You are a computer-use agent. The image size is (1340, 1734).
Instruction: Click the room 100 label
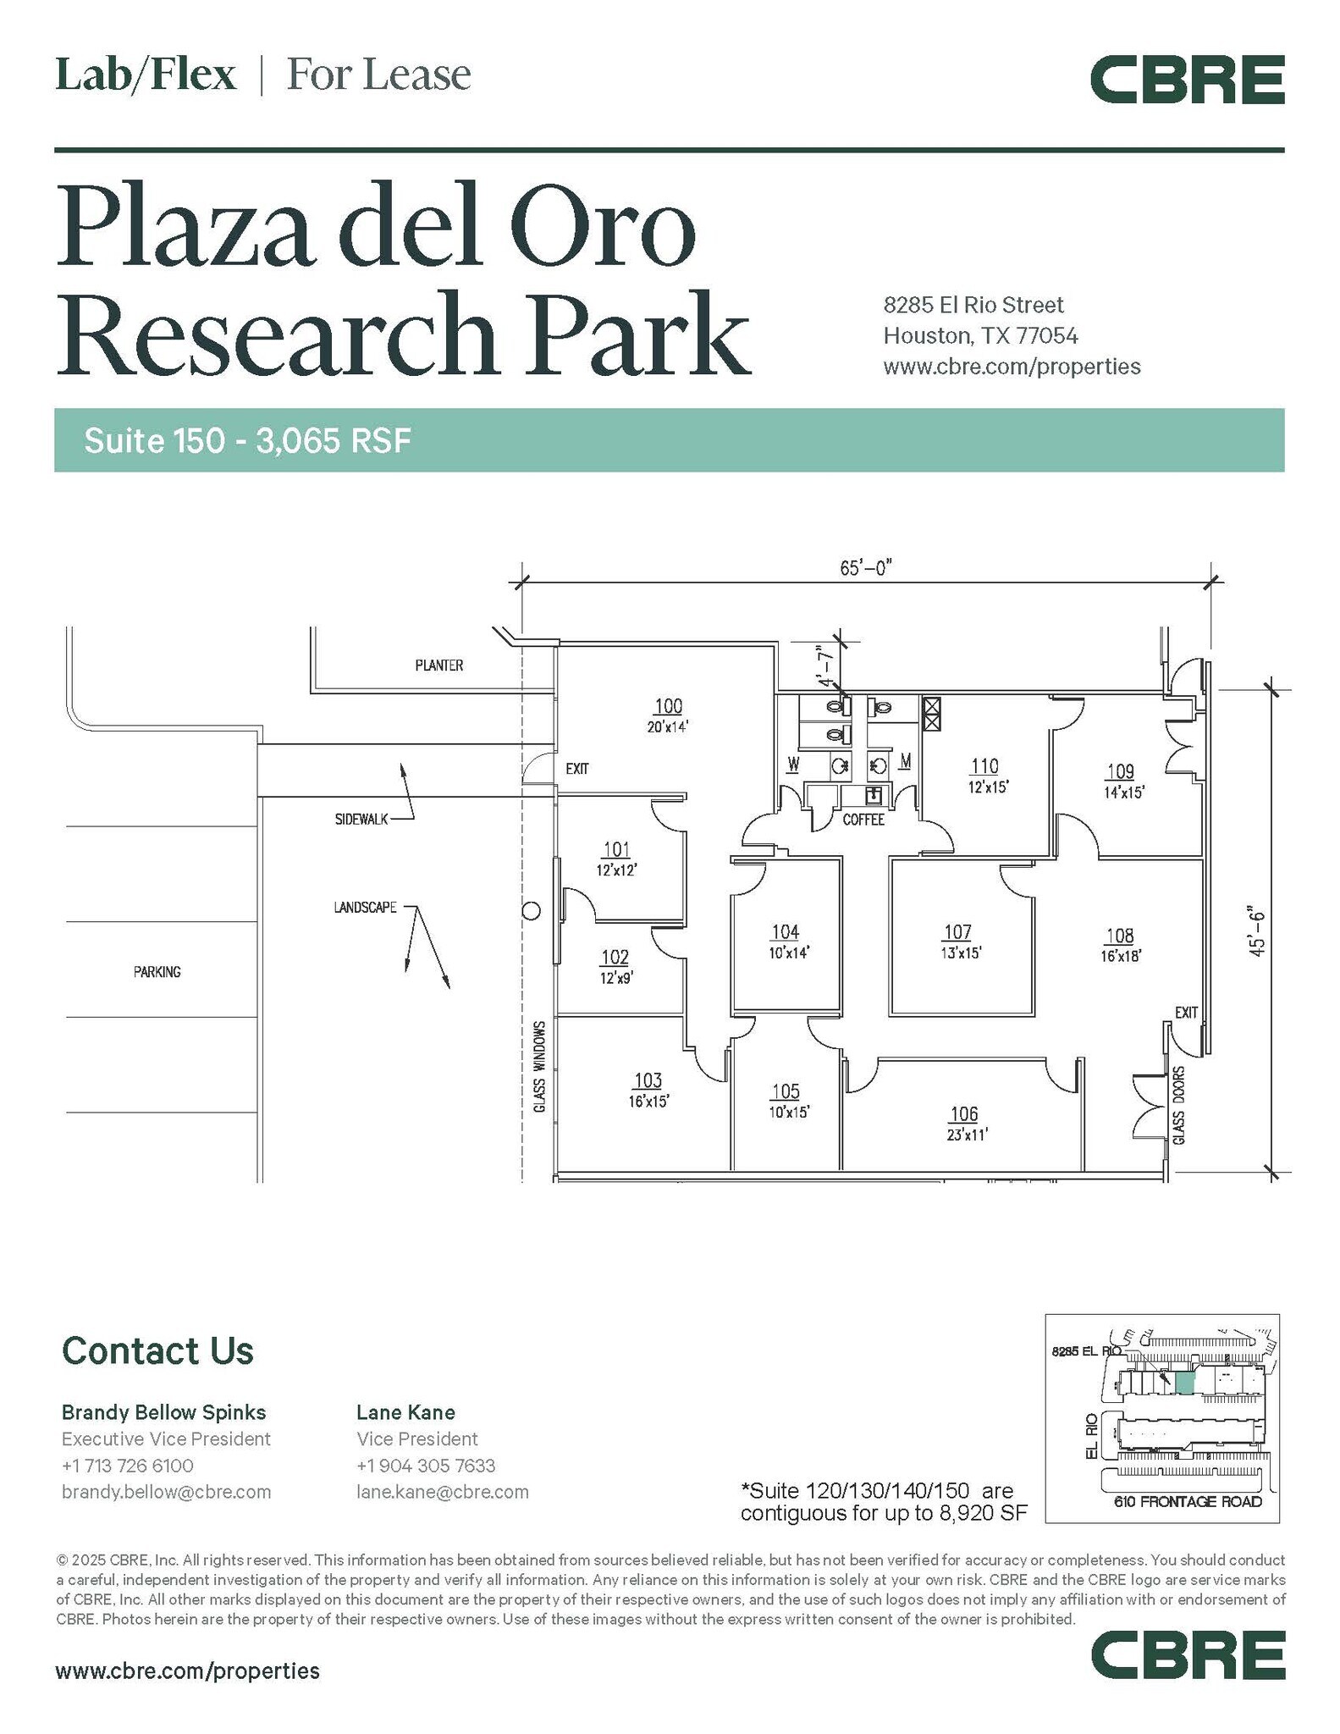click(x=669, y=705)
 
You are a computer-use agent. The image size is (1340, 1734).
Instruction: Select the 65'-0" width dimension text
click(x=866, y=567)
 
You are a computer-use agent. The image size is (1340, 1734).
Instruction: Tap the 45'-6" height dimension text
click(x=1256, y=931)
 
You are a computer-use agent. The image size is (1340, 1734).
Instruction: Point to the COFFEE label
click(x=863, y=820)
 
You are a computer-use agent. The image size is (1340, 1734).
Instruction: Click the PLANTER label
click(x=439, y=665)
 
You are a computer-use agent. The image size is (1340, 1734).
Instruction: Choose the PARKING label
click(x=157, y=972)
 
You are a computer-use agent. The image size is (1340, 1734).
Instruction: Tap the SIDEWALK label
click(x=361, y=819)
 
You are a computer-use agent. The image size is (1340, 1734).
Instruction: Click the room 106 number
click(x=964, y=1114)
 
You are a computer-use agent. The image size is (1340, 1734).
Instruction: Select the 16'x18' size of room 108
click(x=1122, y=956)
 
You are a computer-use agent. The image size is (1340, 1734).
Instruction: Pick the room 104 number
click(x=785, y=932)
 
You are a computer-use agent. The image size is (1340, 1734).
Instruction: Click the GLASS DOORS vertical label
click(x=1179, y=1105)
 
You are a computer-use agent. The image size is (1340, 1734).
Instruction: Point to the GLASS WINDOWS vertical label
click(x=539, y=1067)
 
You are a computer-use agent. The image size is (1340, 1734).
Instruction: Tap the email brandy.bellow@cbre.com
click(x=167, y=1491)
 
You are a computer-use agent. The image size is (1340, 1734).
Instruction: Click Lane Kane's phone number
click(x=426, y=1466)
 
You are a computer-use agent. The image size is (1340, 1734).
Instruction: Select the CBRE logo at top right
click(x=1187, y=80)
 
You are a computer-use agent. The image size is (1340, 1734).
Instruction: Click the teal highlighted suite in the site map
click(x=1185, y=1383)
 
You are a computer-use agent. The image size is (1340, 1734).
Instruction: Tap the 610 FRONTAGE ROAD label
click(x=1188, y=1501)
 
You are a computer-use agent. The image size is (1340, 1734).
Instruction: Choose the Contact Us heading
click(x=157, y=1350)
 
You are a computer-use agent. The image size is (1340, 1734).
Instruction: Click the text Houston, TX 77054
click(x=981, y=336)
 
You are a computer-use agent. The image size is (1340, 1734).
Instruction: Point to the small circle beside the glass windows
click(x=532, y=911)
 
